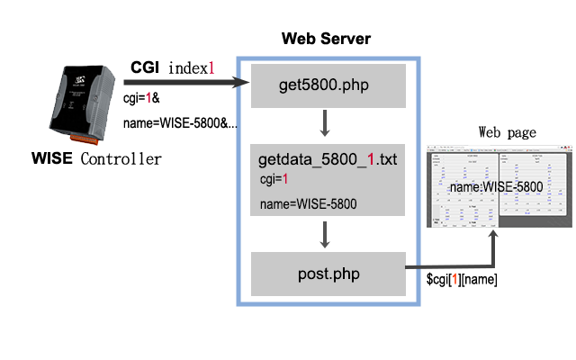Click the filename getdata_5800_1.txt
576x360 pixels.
[328, 160]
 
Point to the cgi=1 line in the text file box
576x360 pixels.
[272, 180]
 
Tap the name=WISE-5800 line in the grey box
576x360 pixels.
[308, 204]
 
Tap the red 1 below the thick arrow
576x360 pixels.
[148, 97]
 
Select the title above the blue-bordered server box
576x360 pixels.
[327, 39]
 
